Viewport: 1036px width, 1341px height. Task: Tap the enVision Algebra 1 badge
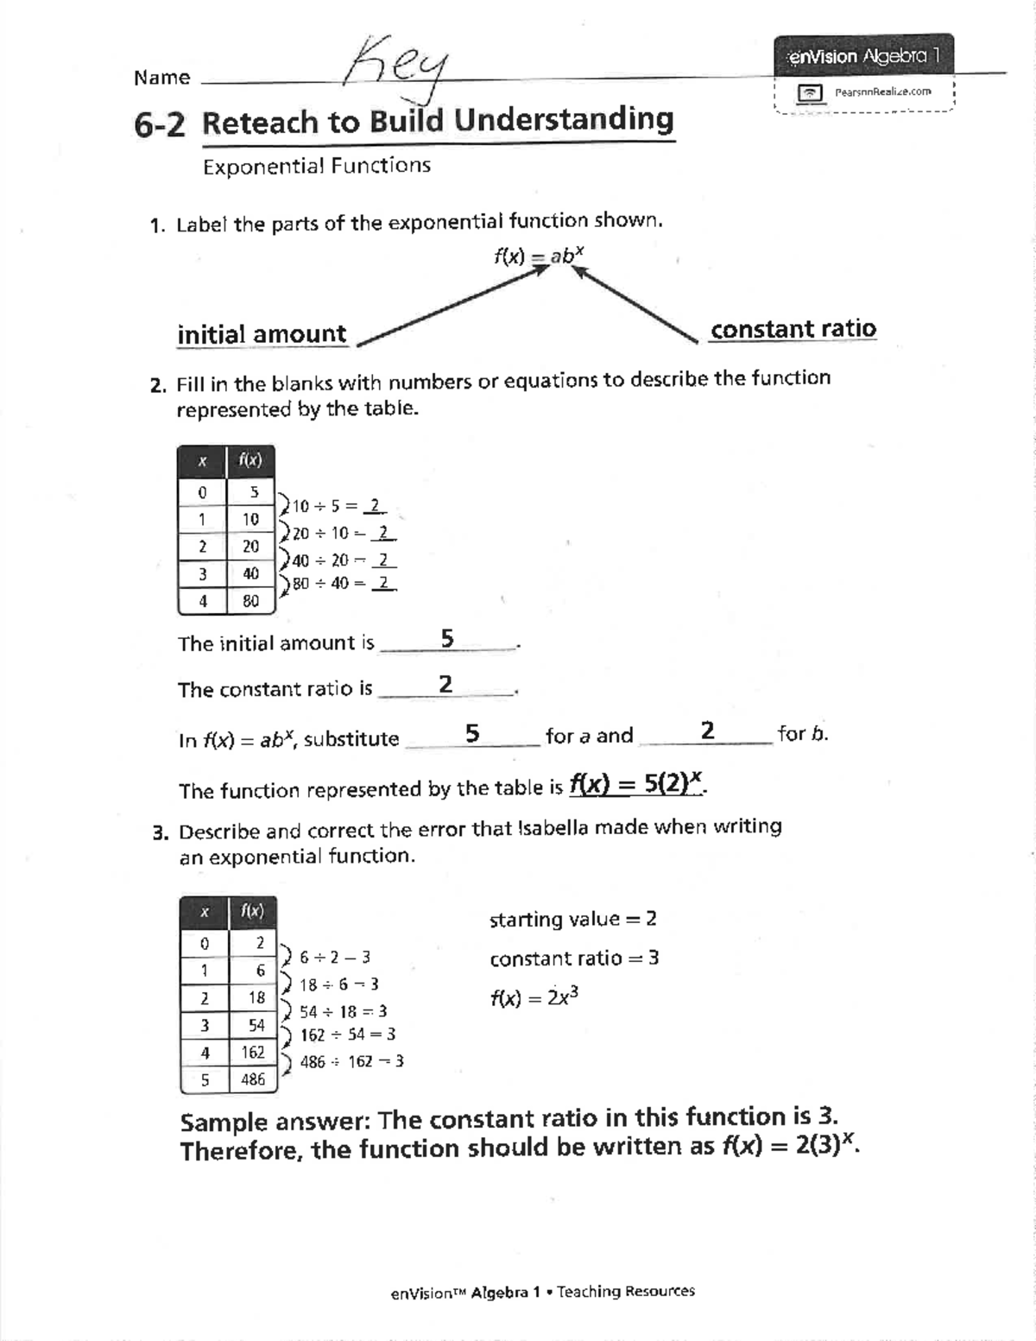click(x=862, y=57)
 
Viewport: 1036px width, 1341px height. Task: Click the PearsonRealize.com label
click(x=881, y=92)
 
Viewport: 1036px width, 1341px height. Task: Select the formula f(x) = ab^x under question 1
click(x=540, y=256)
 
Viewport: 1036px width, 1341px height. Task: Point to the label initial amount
click(x=262, y=334)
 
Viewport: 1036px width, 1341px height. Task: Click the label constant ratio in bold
click(x=793, y=329)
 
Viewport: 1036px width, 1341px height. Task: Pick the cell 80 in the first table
click(x=250, y=601)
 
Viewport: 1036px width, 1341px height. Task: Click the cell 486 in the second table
click(x=253, y=1079)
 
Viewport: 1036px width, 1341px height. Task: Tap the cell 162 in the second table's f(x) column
click(x=253, y=1052)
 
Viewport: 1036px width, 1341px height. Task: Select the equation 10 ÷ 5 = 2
click(x=338, y=506)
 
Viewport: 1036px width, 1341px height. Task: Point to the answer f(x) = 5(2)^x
click(x=637, y=784)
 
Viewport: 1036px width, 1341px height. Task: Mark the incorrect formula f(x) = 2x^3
click(x=534, y=997)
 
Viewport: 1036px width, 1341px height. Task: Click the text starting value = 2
click(x=572, y=919)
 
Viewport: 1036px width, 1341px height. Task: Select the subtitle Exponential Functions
click(x=316, y=166)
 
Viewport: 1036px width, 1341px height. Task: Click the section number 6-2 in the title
click(x=159, y=125)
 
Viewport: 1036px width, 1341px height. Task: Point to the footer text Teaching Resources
click(x=625, y=1292)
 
